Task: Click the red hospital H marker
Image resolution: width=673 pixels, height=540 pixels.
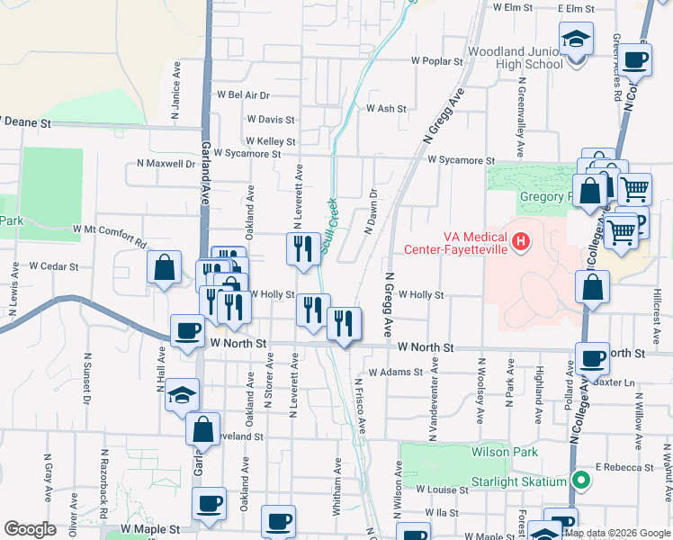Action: point(520,241)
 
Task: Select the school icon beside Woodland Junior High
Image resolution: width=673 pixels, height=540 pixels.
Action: point(576,41)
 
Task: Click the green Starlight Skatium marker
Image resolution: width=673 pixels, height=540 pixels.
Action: point(581,481)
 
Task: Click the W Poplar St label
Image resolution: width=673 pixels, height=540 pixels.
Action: point(436,61)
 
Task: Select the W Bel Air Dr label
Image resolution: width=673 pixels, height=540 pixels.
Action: point(243,94)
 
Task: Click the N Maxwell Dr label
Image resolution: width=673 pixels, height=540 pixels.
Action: point(166,164)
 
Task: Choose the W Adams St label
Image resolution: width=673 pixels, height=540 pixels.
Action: point(395,372)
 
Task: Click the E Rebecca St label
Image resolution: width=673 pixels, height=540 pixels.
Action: point(625,468)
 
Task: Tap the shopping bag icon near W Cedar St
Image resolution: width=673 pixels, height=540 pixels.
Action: point(164,268)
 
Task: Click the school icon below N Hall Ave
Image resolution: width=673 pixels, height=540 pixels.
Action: point(182,395)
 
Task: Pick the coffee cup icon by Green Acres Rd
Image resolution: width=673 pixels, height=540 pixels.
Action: point(635,60)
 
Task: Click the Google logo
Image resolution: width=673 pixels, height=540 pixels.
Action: point(31,529)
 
